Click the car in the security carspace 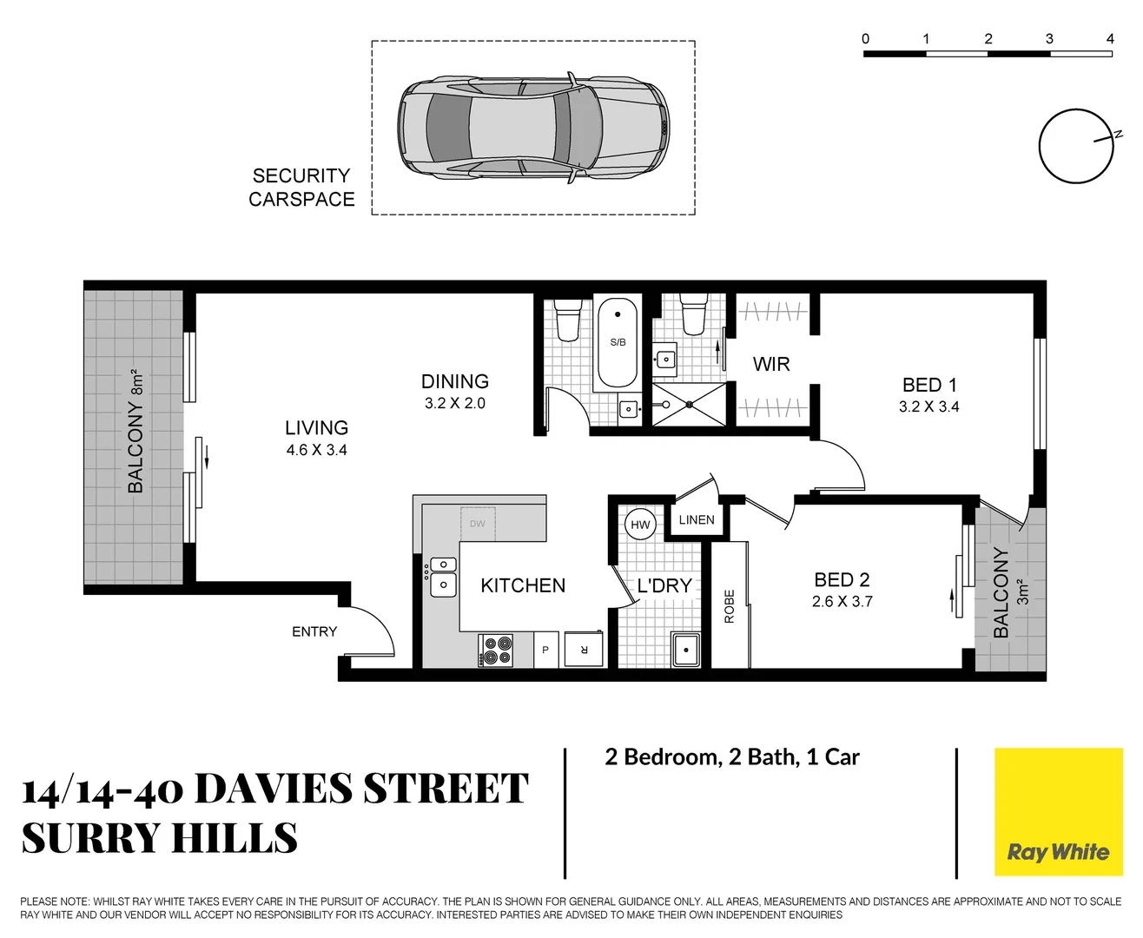pyautogui.click(x=533, y=128)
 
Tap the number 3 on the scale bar pyautogui.click(x=1049, y=39)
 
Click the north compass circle pyautogui.click(x=1075, y=147)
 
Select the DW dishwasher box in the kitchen pyautogui.click(x=478, y=524)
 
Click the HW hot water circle pyautogui.click(x=640, y=525)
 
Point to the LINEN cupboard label pyautogui.click(x=697, y=520)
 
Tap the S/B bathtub pyautogui.click(x=618, y=343)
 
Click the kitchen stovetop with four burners pyautogui.click(x=496, y=651)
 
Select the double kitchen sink pyautogui.click(x=444, y=577)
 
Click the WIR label pyautogui.click(x=771, y=365)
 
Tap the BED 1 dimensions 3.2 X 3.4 pyautogui.click(x=928, y=407)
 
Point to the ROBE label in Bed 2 pyautogui.click(x=730, y=606)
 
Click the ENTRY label pyautogui.click(x=314, y=632)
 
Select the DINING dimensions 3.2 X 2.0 pyautogui.click(x=454, y=404)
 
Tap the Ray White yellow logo pyautogui.click(x=1058, y=812)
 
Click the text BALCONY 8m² pyautogui.click(x=135, y=432)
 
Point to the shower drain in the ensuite pyautogui.click(x=688, y=405)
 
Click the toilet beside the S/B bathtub pyautogui.click(x=568, y=319)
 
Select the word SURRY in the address pyautogui.click(x=89, y=839)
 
